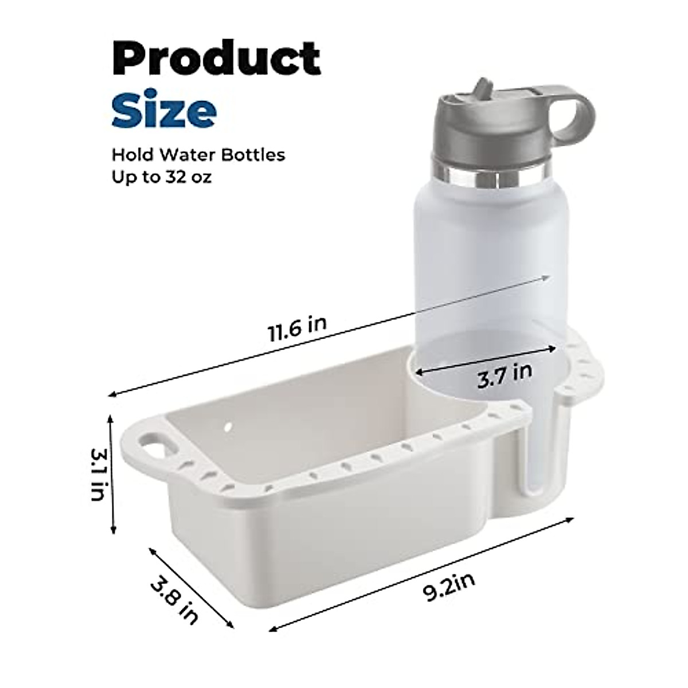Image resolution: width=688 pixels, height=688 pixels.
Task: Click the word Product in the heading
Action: [x=216, y=59]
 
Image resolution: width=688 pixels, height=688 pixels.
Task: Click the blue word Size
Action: [x=164, y=112]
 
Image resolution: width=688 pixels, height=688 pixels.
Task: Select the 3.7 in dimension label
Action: [x=505, y=375]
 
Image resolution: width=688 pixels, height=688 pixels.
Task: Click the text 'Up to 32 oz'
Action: [x=161, y=177]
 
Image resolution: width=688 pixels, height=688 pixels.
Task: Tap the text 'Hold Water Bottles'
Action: [x=198, y=155]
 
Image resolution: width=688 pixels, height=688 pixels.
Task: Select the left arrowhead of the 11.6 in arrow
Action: [x=111, y=394]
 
